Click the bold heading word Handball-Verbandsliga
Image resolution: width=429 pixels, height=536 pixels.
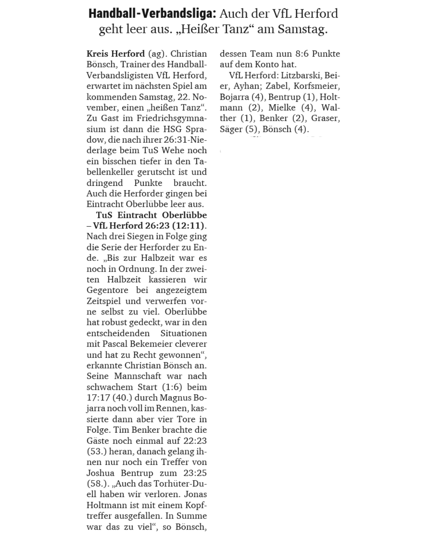pyautogui.click(x=152, y=14)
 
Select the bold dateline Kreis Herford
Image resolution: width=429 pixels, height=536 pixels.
pyautogui.click(x=116, y=54)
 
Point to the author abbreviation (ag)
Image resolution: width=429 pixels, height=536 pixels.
pyautogui.click(x=158, y=54)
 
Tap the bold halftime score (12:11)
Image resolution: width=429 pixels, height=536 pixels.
pyautogui.click(x=189, y=226)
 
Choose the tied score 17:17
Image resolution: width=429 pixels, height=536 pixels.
pyautogui.click(x=98, y=397)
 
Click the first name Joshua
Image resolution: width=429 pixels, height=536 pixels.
pyautogui.click(x=100, y=473)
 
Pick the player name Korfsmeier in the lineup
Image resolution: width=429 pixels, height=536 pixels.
pyautogui.click(x=317, y=86)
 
